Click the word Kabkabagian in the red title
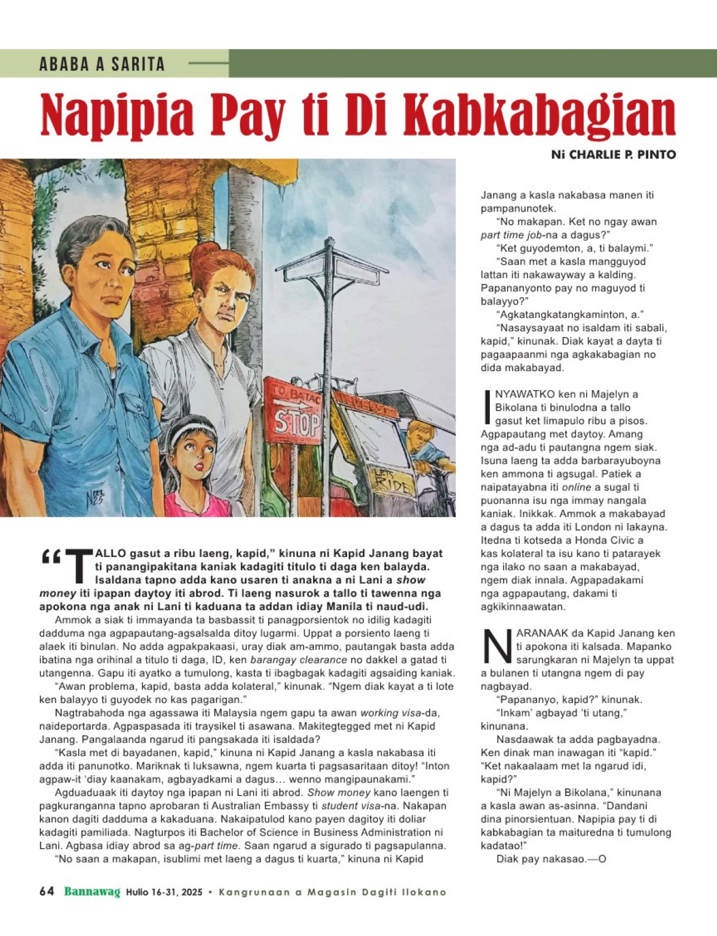pyautogui.click(x=539, y=115)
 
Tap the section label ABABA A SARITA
pyautogui.click(x=102, y=64)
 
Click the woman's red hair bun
pyautogui.click(x=205, y=251)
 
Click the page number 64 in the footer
pyautogui.click(x=47, y=891)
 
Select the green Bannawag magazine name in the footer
pyautogui.click(x=92, y=891)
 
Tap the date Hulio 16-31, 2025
pyautogui.click(x=164, y=892)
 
